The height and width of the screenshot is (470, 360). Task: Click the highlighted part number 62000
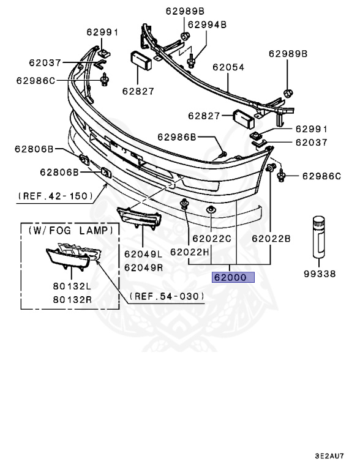pos(230,277)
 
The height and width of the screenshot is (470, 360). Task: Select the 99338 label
pos(319,274)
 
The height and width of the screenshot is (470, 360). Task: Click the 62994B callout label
pos(207,24)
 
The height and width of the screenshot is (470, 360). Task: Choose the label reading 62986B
pos(177,137)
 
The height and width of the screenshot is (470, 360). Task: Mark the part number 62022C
pos(211,239)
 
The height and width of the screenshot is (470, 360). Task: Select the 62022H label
pos(190,252)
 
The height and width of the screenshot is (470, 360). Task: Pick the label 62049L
pos(143,253)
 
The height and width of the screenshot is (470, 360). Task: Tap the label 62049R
pos(143,267)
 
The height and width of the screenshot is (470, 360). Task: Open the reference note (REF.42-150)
pos(56,196)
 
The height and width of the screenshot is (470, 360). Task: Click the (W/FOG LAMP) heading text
pos(70,231)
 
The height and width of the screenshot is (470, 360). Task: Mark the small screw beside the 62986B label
pos(223,152)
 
